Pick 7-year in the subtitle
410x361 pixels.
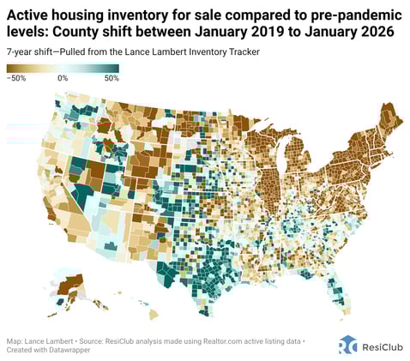pos(23,52)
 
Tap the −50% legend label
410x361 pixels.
pos(18,78)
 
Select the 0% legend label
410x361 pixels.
pos(63,78)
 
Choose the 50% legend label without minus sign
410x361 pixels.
pos(110,78)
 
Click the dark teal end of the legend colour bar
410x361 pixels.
pos(116,68)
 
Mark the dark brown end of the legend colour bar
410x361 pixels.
pos(10,68)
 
